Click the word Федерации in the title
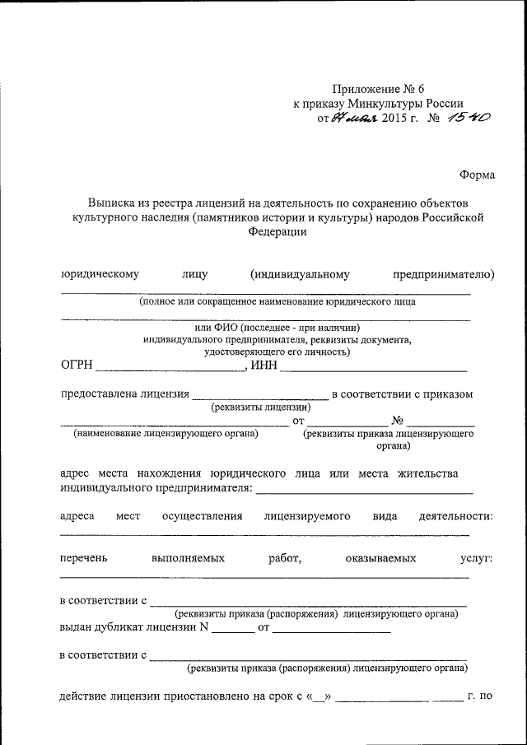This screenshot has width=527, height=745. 277,232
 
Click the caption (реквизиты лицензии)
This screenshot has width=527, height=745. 261,407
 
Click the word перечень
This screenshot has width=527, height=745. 83,558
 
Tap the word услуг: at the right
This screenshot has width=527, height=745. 476,558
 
